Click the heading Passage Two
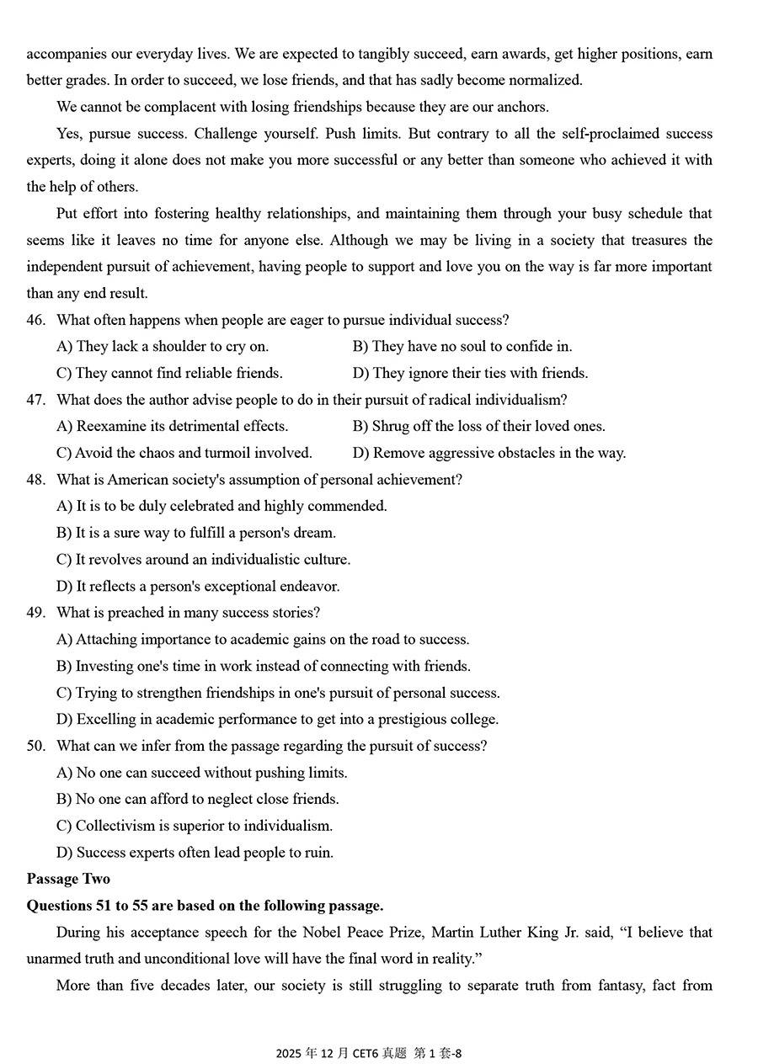pos(68,879)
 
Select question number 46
pos(35,320)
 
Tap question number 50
pos(35,746)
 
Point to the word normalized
pos(544,81)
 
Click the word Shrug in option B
pos(392,426)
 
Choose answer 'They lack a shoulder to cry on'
pos(163,346)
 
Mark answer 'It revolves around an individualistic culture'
pos(203,560)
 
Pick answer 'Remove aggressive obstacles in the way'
pos(488,453)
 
